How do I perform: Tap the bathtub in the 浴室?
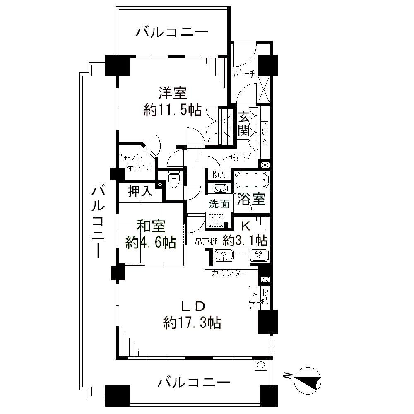pos(252,181)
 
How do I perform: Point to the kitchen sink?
pos(224,255)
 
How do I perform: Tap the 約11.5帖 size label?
pos(172,110)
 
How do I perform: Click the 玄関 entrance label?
pos(243,125)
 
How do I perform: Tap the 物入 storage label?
pos(218,175)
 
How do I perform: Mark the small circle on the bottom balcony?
pos(260,365)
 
